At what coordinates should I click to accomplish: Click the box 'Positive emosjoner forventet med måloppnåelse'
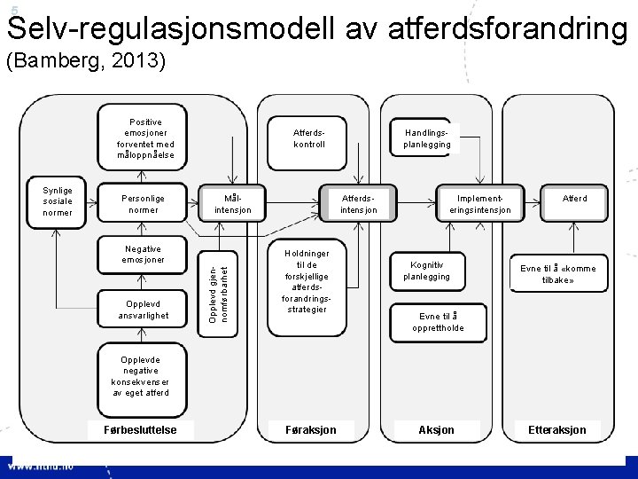tap(145, 138)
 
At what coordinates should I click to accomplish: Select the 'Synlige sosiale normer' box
tap(58, 201)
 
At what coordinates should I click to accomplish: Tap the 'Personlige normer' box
tap(144, 204)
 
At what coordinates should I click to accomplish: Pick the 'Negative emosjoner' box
tap(144, 255)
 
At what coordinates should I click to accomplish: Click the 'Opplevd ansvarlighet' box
tap(144, 310)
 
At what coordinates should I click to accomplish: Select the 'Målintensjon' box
tap(232, 204)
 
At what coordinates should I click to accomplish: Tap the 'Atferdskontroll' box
tap(309, 138)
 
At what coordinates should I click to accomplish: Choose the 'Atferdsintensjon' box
tap(358, 204)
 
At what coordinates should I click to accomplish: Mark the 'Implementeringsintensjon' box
tap(479, 204)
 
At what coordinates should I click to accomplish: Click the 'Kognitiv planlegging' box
tap(426, 271)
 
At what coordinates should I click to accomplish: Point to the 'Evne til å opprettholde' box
tap(437, 322)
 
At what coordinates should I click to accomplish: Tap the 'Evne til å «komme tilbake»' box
tap(558, 274)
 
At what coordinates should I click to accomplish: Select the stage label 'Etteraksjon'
tap(557, 429)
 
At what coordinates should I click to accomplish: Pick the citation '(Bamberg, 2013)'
tap(85, 62)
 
